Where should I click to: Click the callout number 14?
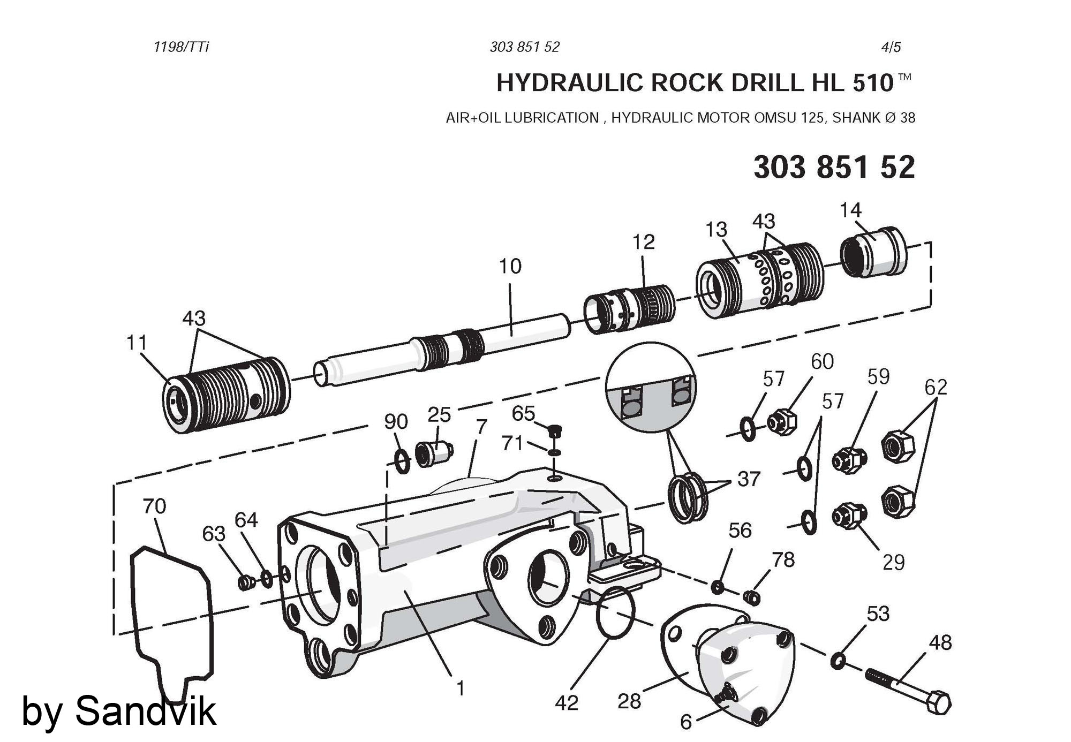pos(850,210)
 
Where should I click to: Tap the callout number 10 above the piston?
pos(510,266)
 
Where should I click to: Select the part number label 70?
pos(154,506)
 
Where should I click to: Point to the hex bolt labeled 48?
pos(908,691)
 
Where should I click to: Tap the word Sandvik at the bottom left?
pos(145,711)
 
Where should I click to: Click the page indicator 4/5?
pos(891,47)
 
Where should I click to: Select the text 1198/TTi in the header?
pos(181,47)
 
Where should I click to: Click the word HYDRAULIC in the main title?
pos(570,83)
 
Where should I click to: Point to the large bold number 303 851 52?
pos(834,167)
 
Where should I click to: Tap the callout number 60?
pos(822,362)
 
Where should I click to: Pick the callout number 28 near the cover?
pos(629,701)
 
